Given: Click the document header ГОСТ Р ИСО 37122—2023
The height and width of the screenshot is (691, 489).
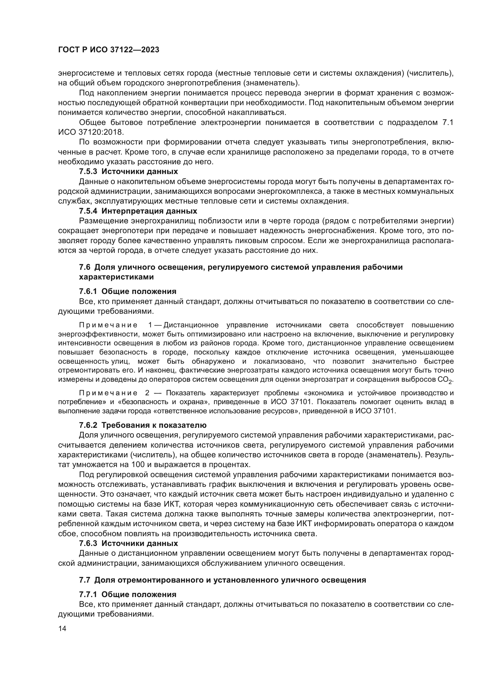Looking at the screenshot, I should [109, 50].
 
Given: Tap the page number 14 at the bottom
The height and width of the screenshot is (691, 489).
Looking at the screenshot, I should [62, 628].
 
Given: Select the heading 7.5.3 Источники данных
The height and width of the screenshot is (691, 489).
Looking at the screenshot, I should [128, 172].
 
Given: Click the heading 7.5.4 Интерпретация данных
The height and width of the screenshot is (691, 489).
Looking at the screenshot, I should [138, 211].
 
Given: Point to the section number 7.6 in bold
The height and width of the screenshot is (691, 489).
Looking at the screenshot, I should [85, 267].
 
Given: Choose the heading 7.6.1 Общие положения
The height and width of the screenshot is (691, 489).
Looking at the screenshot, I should [128, 291].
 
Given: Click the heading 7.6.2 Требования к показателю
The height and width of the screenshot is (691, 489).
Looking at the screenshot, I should [143, 425].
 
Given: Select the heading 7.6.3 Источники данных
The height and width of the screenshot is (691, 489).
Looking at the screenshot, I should [128, 543].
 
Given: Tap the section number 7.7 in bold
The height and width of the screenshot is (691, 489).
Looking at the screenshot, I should [85, 580].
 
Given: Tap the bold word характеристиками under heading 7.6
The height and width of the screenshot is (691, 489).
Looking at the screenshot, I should [116, 277].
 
